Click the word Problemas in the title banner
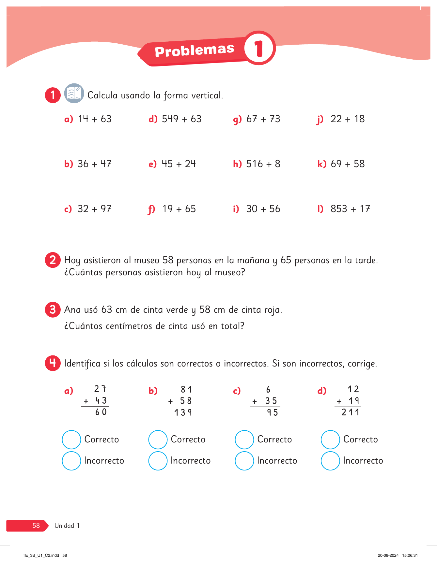pyautogui.click(x=195, y=50)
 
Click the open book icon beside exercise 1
pyautogui.click(x=74, y=93)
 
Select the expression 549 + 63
pyautogui.click(x=181, y=119)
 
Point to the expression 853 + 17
pyautogui.click(x=350, y=209)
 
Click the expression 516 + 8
pyautogui.click(x=263, y=164)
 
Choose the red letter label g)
pyautogui.click(x=237, y=120)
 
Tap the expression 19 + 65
pyautogui.click(x=179, y=209)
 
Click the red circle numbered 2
pyautogui.click(x=53, y=260)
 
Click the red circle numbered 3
pyautogui.click(x=53, y=309)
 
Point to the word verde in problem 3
pyautogui.click(x=177, y=310)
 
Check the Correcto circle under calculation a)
pyautogui.click(x=71, y=439)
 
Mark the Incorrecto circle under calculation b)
pyautogui.click(x=158, y=461)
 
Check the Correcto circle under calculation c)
pyautogui.click(x=244, y=439)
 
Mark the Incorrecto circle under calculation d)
pyautogui.click(x=330, y=461)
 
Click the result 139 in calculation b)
pyautogui.click(x=183, y=413)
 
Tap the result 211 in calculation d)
pyautogui.click(x=350, y=412)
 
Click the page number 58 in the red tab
pyautogui.click(x=36, y=525)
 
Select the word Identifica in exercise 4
pyautogui.click(x=82, y=364)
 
